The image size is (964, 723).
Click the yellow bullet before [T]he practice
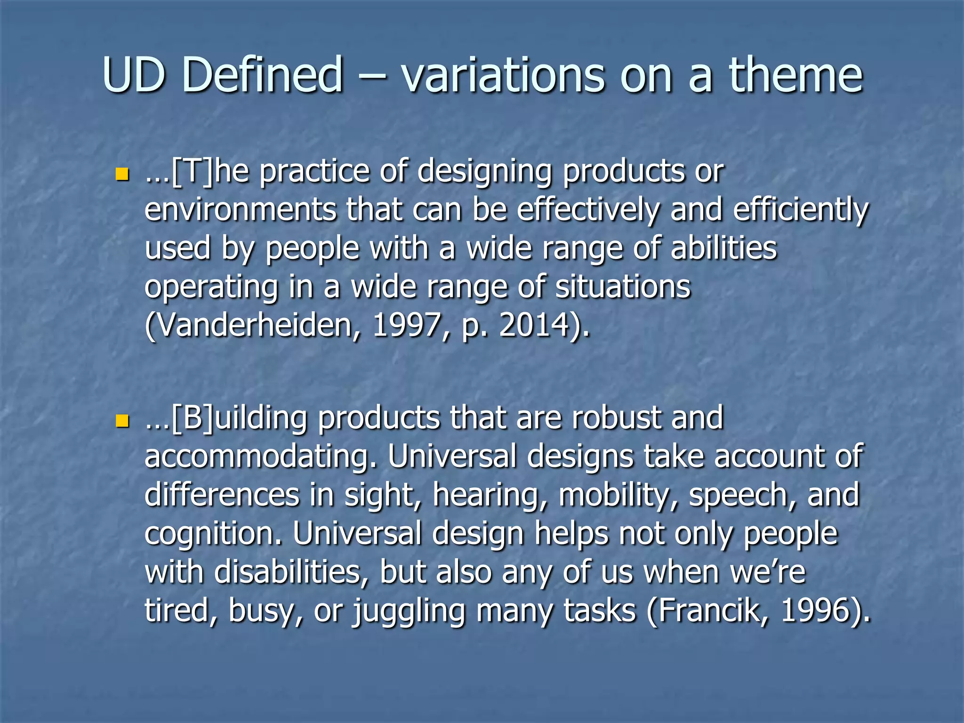tap(122, 175)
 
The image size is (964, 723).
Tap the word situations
tap(622, 287)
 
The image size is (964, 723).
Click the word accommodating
tap(261, 457)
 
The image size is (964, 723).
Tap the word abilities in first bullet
tap(723, 248)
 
